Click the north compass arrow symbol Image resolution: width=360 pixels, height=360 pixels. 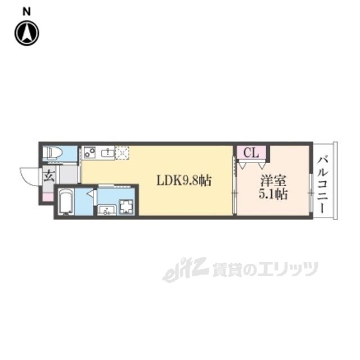pos(27,33)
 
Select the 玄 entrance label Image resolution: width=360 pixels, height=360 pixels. pos(48,175)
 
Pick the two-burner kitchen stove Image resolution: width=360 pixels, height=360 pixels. pos(90,152)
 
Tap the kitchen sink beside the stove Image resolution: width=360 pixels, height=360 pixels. pos(106,152)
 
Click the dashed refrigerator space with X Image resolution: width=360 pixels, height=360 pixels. pos(122,152)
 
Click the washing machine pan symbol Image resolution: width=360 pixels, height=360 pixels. pos(125,206)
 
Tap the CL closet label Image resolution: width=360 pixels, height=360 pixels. pos(251,152)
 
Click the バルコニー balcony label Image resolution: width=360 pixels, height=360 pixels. pos(323,183)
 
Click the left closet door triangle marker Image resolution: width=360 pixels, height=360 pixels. pos(242,165)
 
